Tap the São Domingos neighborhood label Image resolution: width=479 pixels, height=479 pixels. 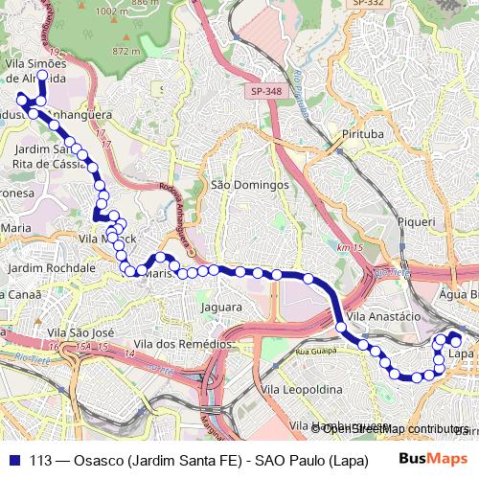pyautogui.click(x=249, y=184)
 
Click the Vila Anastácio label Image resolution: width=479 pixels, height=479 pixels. pyautogui.click(x=384, y=315)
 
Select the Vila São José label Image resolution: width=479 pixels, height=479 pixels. pyautogui.click(x=80, y=331)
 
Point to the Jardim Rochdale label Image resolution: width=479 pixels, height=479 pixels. pyautogui.click(x=49, y=267)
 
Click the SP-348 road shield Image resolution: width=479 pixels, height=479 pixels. pyautogui.click(x=266, y=91)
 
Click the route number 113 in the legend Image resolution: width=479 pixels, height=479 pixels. pyautogui.click(x=41, y=458)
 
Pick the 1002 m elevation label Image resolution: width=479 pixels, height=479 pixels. pyautogui.click(x=112, y=11)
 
